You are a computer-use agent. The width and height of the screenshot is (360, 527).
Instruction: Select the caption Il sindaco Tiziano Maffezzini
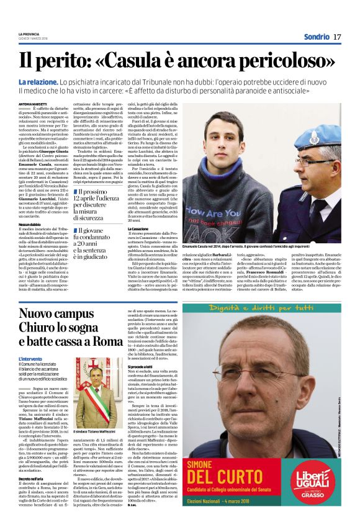[96, 431]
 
